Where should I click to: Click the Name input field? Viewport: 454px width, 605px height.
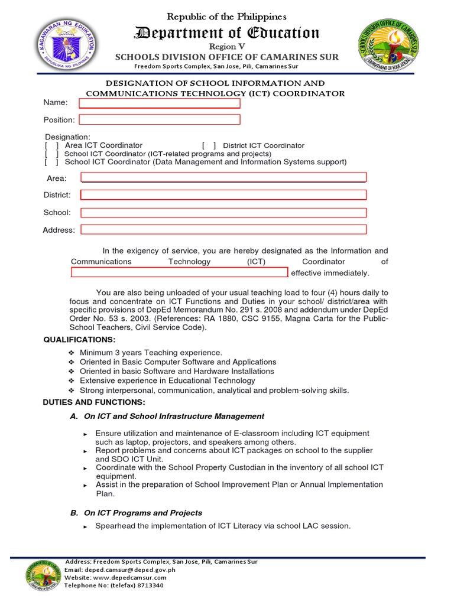click(160, 103)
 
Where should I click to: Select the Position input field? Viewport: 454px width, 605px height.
click(160, 119)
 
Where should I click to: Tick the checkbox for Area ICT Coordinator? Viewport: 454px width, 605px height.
click(51, 145)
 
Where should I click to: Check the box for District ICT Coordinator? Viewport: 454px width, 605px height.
click(209, 145)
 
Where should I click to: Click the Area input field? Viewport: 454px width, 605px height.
click(223, 177)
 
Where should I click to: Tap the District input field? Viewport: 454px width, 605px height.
click(223, 195)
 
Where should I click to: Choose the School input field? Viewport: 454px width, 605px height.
click(223, 212)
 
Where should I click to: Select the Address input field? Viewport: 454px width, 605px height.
click(223, 229)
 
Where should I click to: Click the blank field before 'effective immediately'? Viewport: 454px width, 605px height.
click(179, 272)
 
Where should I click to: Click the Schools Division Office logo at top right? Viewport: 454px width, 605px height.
click(390, 45)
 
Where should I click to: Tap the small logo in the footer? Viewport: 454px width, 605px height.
click(43, 573)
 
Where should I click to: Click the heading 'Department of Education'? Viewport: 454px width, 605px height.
click(227, 33)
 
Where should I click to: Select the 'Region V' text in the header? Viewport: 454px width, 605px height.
click(227, 46)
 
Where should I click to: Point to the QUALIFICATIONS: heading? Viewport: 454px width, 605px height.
click(80, 339)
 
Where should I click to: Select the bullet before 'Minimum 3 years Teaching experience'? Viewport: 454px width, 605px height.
click(72, 353)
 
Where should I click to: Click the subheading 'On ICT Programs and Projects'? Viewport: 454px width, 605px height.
click(143, 513)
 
